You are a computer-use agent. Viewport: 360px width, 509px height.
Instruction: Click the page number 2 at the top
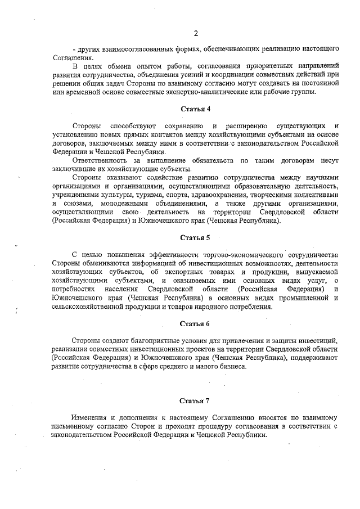click(x=195, y=33)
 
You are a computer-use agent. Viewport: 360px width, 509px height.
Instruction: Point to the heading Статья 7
click(x=195, y=400)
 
